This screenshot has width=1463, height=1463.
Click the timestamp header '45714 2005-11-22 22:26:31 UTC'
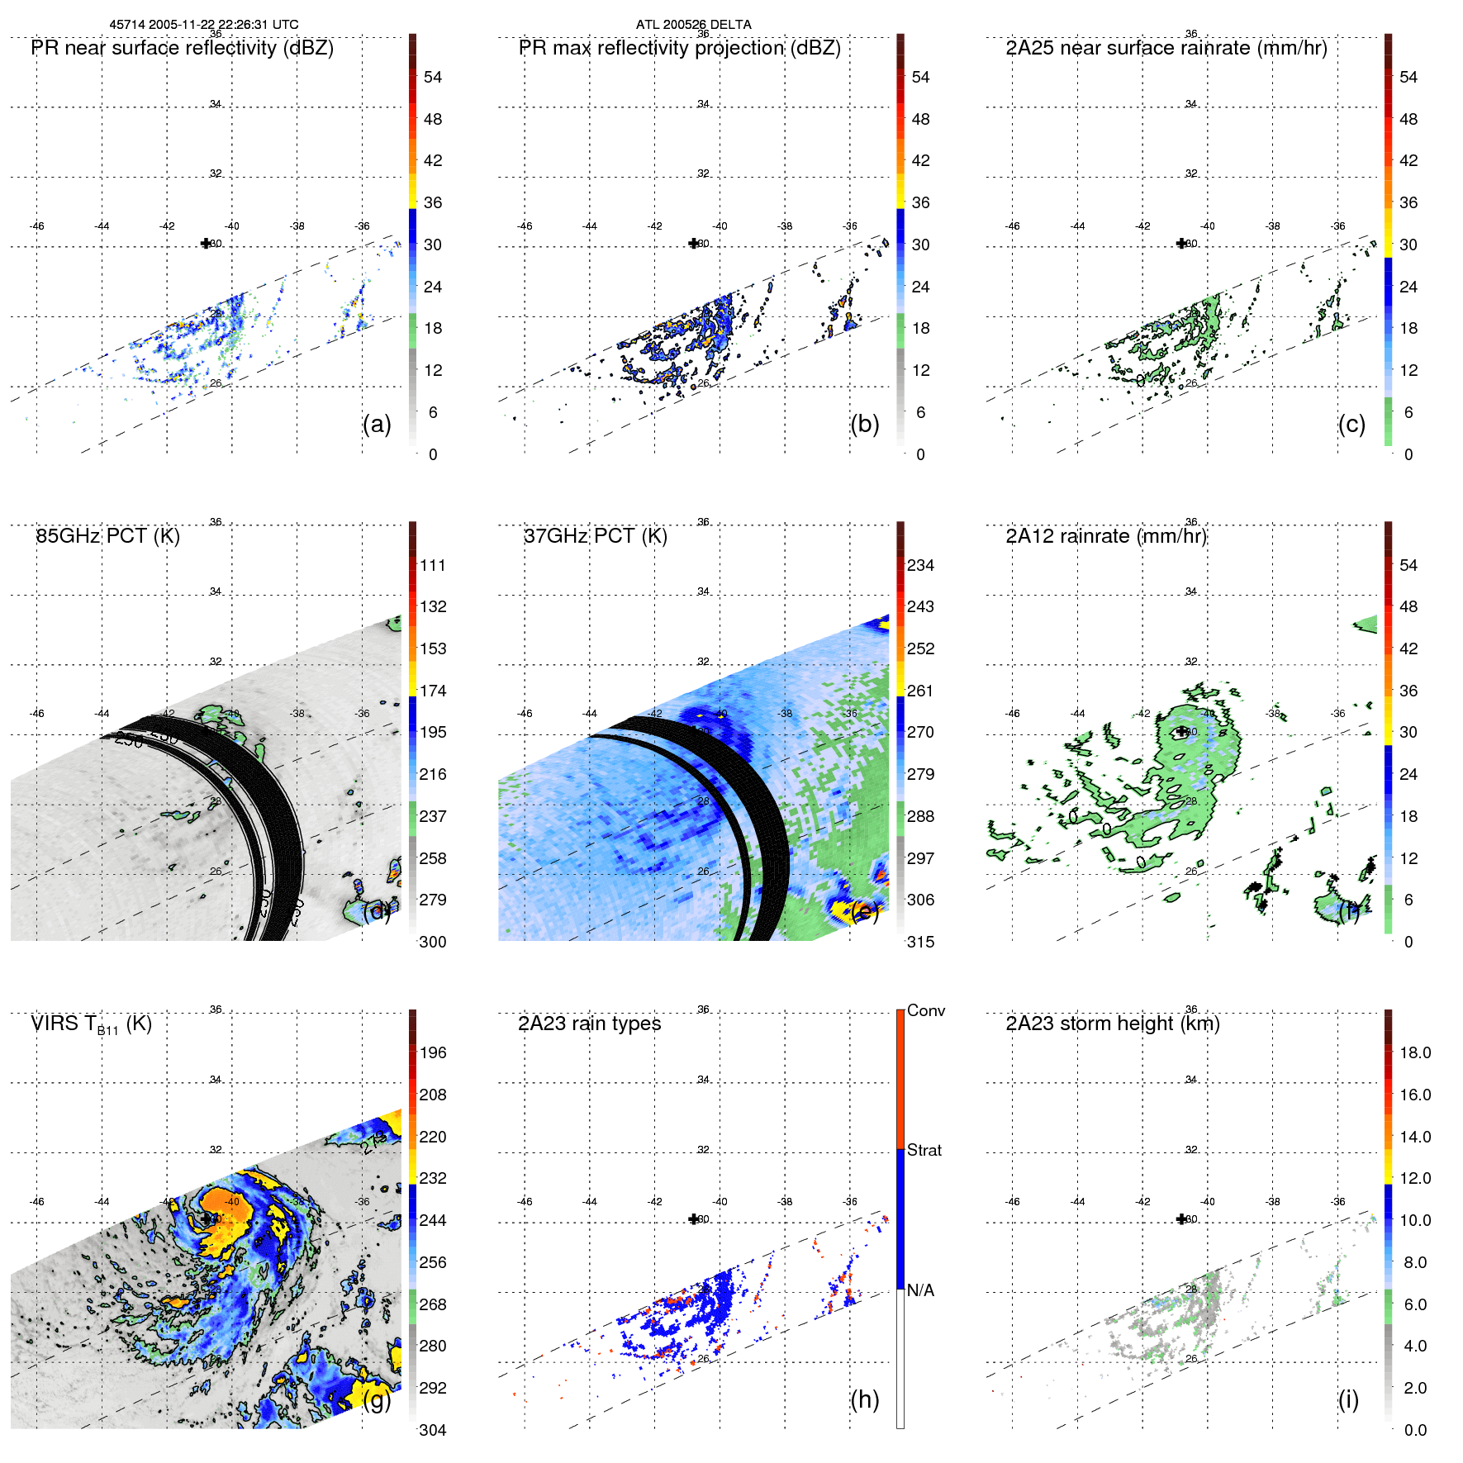pos(204,25)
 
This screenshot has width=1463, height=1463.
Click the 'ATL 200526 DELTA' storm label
pos(693,25)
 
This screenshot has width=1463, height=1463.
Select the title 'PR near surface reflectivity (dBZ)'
pos(183,48)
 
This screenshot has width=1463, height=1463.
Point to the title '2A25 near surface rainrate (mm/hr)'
pos(1166,48)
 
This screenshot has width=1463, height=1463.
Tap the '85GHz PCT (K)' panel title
pos(108,536)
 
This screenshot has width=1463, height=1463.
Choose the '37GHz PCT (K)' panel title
pos(596,536)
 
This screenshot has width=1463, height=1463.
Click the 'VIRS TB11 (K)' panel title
pos(92,1024)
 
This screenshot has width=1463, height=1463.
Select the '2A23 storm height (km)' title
pos(1113,1024)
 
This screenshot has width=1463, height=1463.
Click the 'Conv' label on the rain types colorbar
pos(926,1010)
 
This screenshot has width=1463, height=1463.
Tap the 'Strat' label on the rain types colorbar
pos(924,1150)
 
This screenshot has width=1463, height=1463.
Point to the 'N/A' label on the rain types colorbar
pos(920,1290)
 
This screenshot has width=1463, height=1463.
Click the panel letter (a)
pos(377,424)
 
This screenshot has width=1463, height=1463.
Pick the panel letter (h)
pos(864,1399)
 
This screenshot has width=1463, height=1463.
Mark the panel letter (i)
pos(1348,1399)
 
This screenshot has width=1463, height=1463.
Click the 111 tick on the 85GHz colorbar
pos(433,566)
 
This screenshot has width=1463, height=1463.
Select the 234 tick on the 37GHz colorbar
pos(920,566)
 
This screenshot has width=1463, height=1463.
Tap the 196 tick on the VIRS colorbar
pos(433,1053)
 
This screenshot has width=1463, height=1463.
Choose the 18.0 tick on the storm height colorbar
pos(1415,1053)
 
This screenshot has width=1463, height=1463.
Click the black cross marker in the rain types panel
pos(694,1219)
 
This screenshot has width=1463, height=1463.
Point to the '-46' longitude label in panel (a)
pos(36,226)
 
